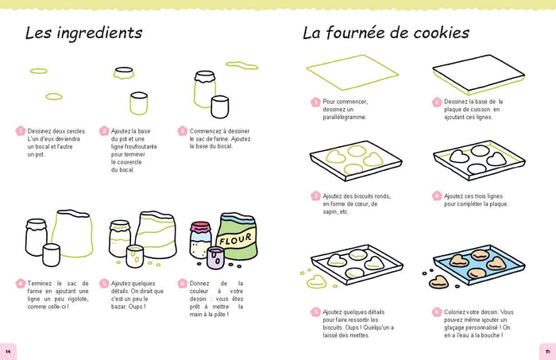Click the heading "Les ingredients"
tap(83, 33)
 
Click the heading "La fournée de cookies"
tap(385, 33)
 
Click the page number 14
tap(8, 350)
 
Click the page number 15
tap(547, 350)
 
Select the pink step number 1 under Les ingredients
tap(21, 131)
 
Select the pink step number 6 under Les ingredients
tap(183, 283)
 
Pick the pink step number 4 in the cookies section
tap(437, 195)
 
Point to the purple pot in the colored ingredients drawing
tap(213, 257)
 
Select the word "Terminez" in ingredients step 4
tap(43, 283)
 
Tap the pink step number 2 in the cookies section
tap(437, 102)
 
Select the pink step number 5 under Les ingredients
tap(103, 283)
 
